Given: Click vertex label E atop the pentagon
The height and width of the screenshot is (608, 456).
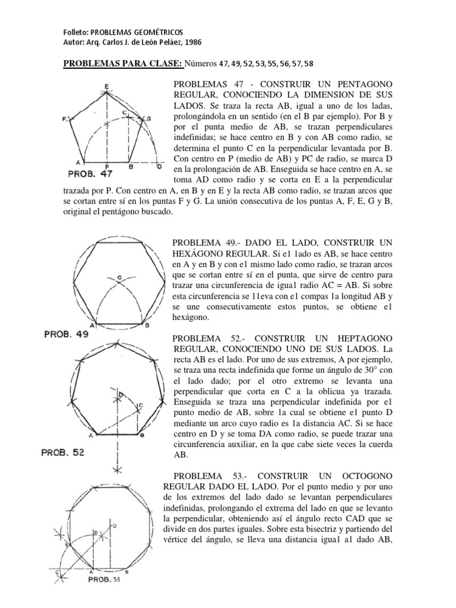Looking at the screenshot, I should tap(106, 86).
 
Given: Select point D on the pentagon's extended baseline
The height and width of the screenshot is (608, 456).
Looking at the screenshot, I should tap(158, 167).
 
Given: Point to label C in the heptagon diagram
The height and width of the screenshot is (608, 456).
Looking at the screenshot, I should tap(141, 405).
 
